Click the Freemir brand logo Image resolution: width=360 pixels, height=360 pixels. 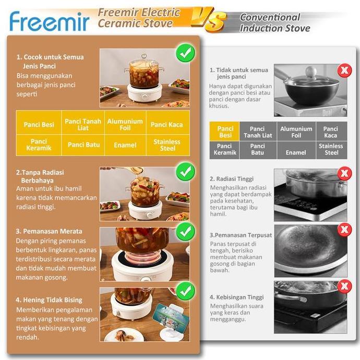(50, 21)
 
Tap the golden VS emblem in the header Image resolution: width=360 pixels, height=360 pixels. (208, 20)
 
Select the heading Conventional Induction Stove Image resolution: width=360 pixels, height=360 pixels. (274, 22)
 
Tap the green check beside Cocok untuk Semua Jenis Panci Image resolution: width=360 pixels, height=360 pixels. (185, 53)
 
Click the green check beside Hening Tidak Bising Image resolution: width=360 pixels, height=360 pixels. (185, 292)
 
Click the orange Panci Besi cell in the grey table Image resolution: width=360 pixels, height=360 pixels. (225, 132)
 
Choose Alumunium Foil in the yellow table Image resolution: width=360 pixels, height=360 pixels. (125, 124)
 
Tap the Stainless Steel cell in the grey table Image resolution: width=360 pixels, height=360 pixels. (331, 149)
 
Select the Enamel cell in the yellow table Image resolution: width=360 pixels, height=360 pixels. (125, 145)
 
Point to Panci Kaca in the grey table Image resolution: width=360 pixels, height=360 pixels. (331, 132)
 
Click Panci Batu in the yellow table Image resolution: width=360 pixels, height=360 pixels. (83, 145)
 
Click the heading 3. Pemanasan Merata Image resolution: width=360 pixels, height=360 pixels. (49, 231)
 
